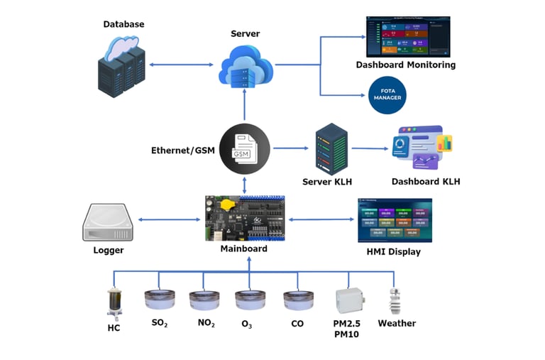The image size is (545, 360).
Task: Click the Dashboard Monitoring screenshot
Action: coord(407,36)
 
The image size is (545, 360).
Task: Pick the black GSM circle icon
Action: coord(244,149)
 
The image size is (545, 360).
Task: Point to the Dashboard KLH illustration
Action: coord(422,148)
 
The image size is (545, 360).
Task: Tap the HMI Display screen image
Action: coord(395,219)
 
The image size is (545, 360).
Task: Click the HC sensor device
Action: coord(113,301)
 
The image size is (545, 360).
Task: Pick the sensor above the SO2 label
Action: coord(160,300)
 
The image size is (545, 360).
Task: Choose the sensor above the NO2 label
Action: coord(204,300)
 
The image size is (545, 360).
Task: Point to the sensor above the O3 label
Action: coord(250,300)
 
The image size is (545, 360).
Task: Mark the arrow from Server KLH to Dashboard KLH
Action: coord(368,148)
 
